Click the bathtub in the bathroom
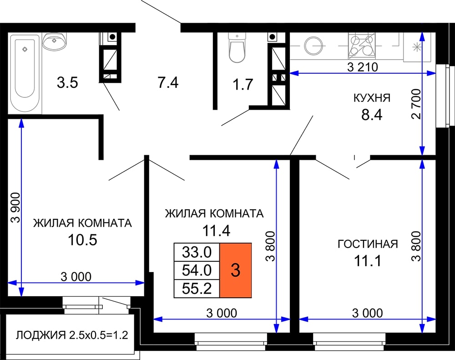25,73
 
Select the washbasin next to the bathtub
55,41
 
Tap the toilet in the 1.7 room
237,47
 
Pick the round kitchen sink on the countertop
313,46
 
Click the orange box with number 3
235,270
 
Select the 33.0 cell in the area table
197,252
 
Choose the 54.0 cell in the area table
197,271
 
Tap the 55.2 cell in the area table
197,289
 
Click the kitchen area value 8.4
372,115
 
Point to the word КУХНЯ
372,98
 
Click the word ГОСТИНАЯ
368,244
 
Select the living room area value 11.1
367,261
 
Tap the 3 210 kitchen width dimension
363,67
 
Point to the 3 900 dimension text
15,207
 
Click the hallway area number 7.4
168,82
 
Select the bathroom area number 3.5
67,82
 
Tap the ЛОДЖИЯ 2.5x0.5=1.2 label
72,335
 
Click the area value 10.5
82,240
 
